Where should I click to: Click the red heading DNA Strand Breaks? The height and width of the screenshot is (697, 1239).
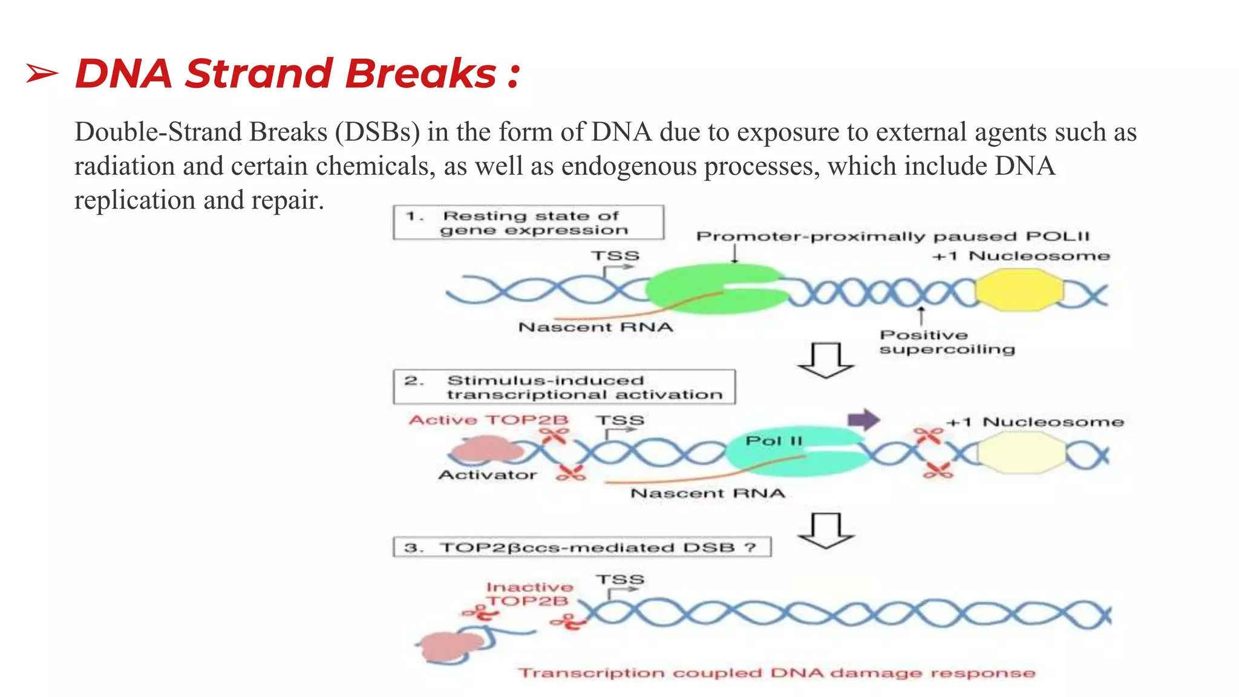296,74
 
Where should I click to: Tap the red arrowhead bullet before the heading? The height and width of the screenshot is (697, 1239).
42,74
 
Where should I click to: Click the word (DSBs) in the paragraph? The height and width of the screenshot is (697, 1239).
378,132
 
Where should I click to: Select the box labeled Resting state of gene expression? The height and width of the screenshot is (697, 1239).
528,223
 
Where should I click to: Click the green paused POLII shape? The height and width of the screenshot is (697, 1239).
708,289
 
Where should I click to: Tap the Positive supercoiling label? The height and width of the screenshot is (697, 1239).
946,342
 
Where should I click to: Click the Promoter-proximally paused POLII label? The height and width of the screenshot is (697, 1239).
892,237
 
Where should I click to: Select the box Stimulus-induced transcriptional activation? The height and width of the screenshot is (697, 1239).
564,387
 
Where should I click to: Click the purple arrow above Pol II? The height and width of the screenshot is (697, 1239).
863,419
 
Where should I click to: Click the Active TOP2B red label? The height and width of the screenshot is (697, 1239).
488,420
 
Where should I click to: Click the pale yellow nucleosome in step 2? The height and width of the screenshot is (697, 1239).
1021,455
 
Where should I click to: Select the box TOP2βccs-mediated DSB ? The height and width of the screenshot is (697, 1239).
581,548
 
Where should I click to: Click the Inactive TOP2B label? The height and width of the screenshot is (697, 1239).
529,594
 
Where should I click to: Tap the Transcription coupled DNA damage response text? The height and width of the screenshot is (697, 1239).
777,673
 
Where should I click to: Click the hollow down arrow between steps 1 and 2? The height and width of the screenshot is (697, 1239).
826,361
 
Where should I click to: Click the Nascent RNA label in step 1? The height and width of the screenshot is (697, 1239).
595,327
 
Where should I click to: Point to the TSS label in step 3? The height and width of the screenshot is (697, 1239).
619,580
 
